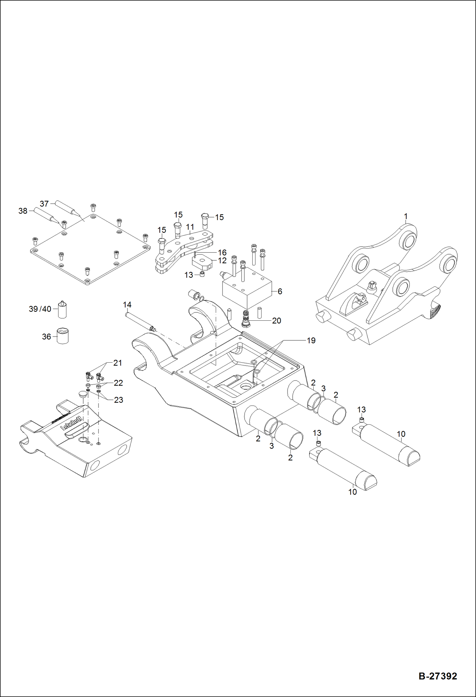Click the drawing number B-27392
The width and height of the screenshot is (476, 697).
point(438,676)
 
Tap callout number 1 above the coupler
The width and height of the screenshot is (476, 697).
point(405,216)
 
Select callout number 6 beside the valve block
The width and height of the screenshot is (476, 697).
point(280,291)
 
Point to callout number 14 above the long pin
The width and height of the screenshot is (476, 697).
point(127,305)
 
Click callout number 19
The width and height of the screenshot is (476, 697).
point(311,340)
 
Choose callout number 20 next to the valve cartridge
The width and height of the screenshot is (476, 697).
point(276,321)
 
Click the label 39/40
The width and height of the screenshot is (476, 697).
point(40,309)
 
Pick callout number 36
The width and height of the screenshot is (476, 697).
point(46,337)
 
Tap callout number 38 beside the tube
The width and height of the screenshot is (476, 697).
point(23,211)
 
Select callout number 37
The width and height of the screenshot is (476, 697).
point(44,204)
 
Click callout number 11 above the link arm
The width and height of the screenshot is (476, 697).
point(190,227)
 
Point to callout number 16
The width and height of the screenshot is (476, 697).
point(222,252)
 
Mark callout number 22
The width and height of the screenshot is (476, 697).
point(118,383)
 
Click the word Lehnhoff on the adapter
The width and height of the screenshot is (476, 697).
point(71,423)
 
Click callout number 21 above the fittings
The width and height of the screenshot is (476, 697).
point(118,363)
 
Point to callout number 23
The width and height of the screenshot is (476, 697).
point(119,400)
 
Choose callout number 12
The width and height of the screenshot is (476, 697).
point(222,260)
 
